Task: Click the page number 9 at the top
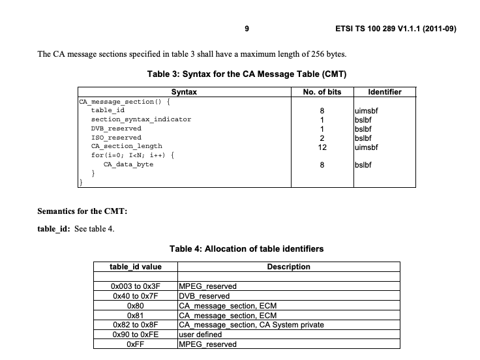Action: point(247,29)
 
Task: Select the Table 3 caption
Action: point(246,74)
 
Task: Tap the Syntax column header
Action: point(184,93)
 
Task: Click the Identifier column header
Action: point(385,93)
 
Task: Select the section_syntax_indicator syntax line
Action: point(141,119)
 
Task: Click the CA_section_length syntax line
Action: point(127,146)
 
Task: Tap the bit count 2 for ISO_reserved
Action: point(322,138)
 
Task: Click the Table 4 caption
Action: point(246,248)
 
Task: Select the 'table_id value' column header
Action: point(136,267)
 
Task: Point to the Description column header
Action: point(288,267)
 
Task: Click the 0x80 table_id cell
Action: point(136,305)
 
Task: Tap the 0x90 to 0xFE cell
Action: point(136,335)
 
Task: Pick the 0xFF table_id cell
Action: point(136,344)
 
